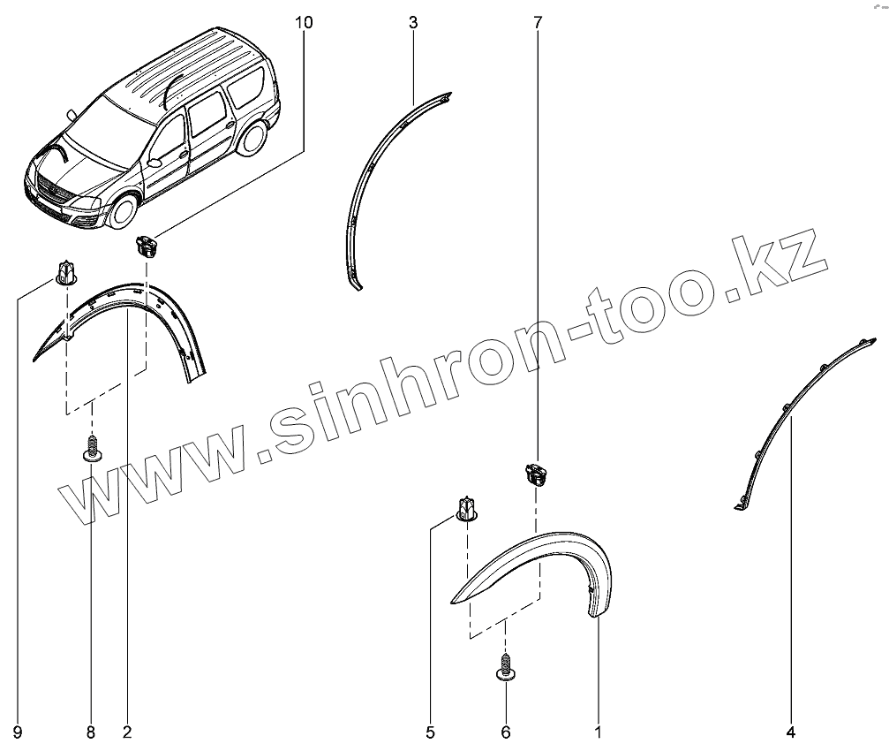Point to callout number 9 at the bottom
pos(18,732)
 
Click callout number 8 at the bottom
pos(90,732)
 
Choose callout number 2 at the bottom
pos(127,732)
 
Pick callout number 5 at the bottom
pos(430,732)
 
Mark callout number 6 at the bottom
pos(506,732)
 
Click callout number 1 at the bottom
pos(598,732)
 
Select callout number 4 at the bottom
pos(791,732)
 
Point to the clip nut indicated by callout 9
pos(65,272)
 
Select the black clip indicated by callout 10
pos(147,245)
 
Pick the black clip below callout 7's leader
pos(535,475)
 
